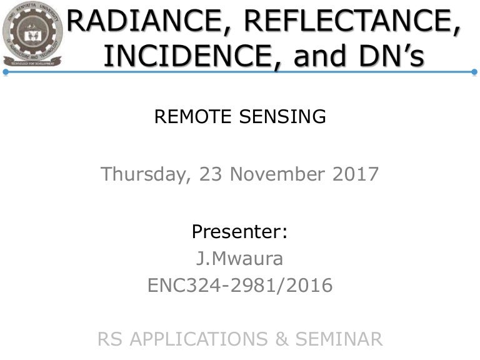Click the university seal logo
(32, 34)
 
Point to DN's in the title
(392, 56)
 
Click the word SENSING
(282, 117)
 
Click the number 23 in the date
(210, 174)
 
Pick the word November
(277, 174)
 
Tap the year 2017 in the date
(356, 174)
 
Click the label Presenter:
(240, 231)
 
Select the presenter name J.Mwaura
(239, 258)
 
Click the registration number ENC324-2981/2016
(240, 285)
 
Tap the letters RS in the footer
(110, 339)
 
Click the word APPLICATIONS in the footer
(199, 339)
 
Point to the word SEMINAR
(339, 339)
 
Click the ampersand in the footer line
(282, 339)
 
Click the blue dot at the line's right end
(474, 72)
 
